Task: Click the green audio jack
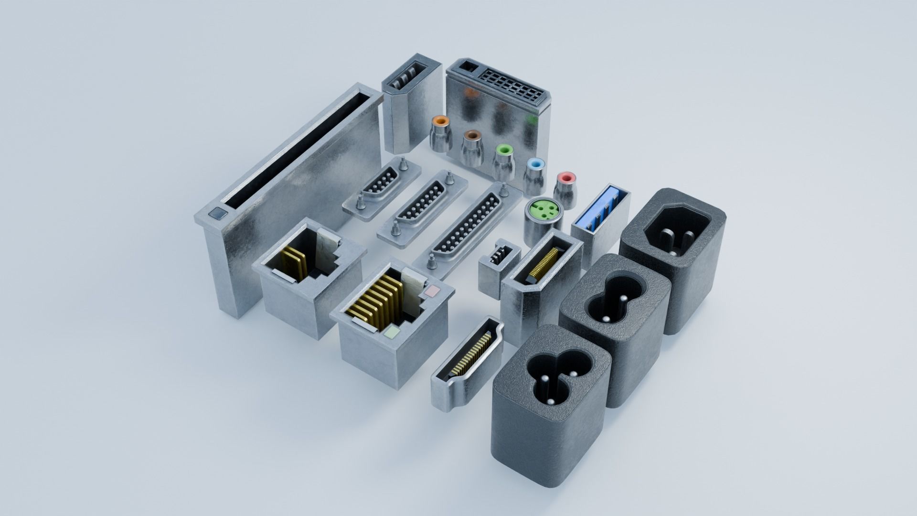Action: [503, 151]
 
